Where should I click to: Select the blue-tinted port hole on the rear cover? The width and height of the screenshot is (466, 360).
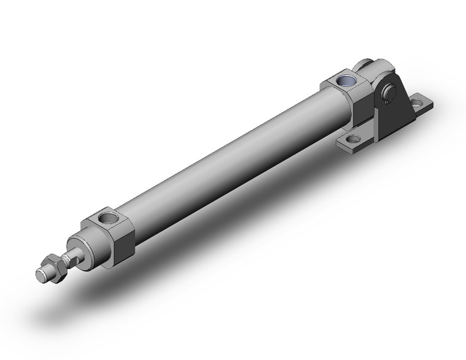pyautogui.click(x=348, y=81)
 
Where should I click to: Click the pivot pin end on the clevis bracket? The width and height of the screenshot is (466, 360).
pyautogui.click(x=388, y=93)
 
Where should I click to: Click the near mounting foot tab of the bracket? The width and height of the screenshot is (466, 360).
pyautogui.click(x=354, y=142)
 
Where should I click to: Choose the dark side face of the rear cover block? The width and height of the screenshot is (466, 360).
pyautogui.click(x=365, y=104)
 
